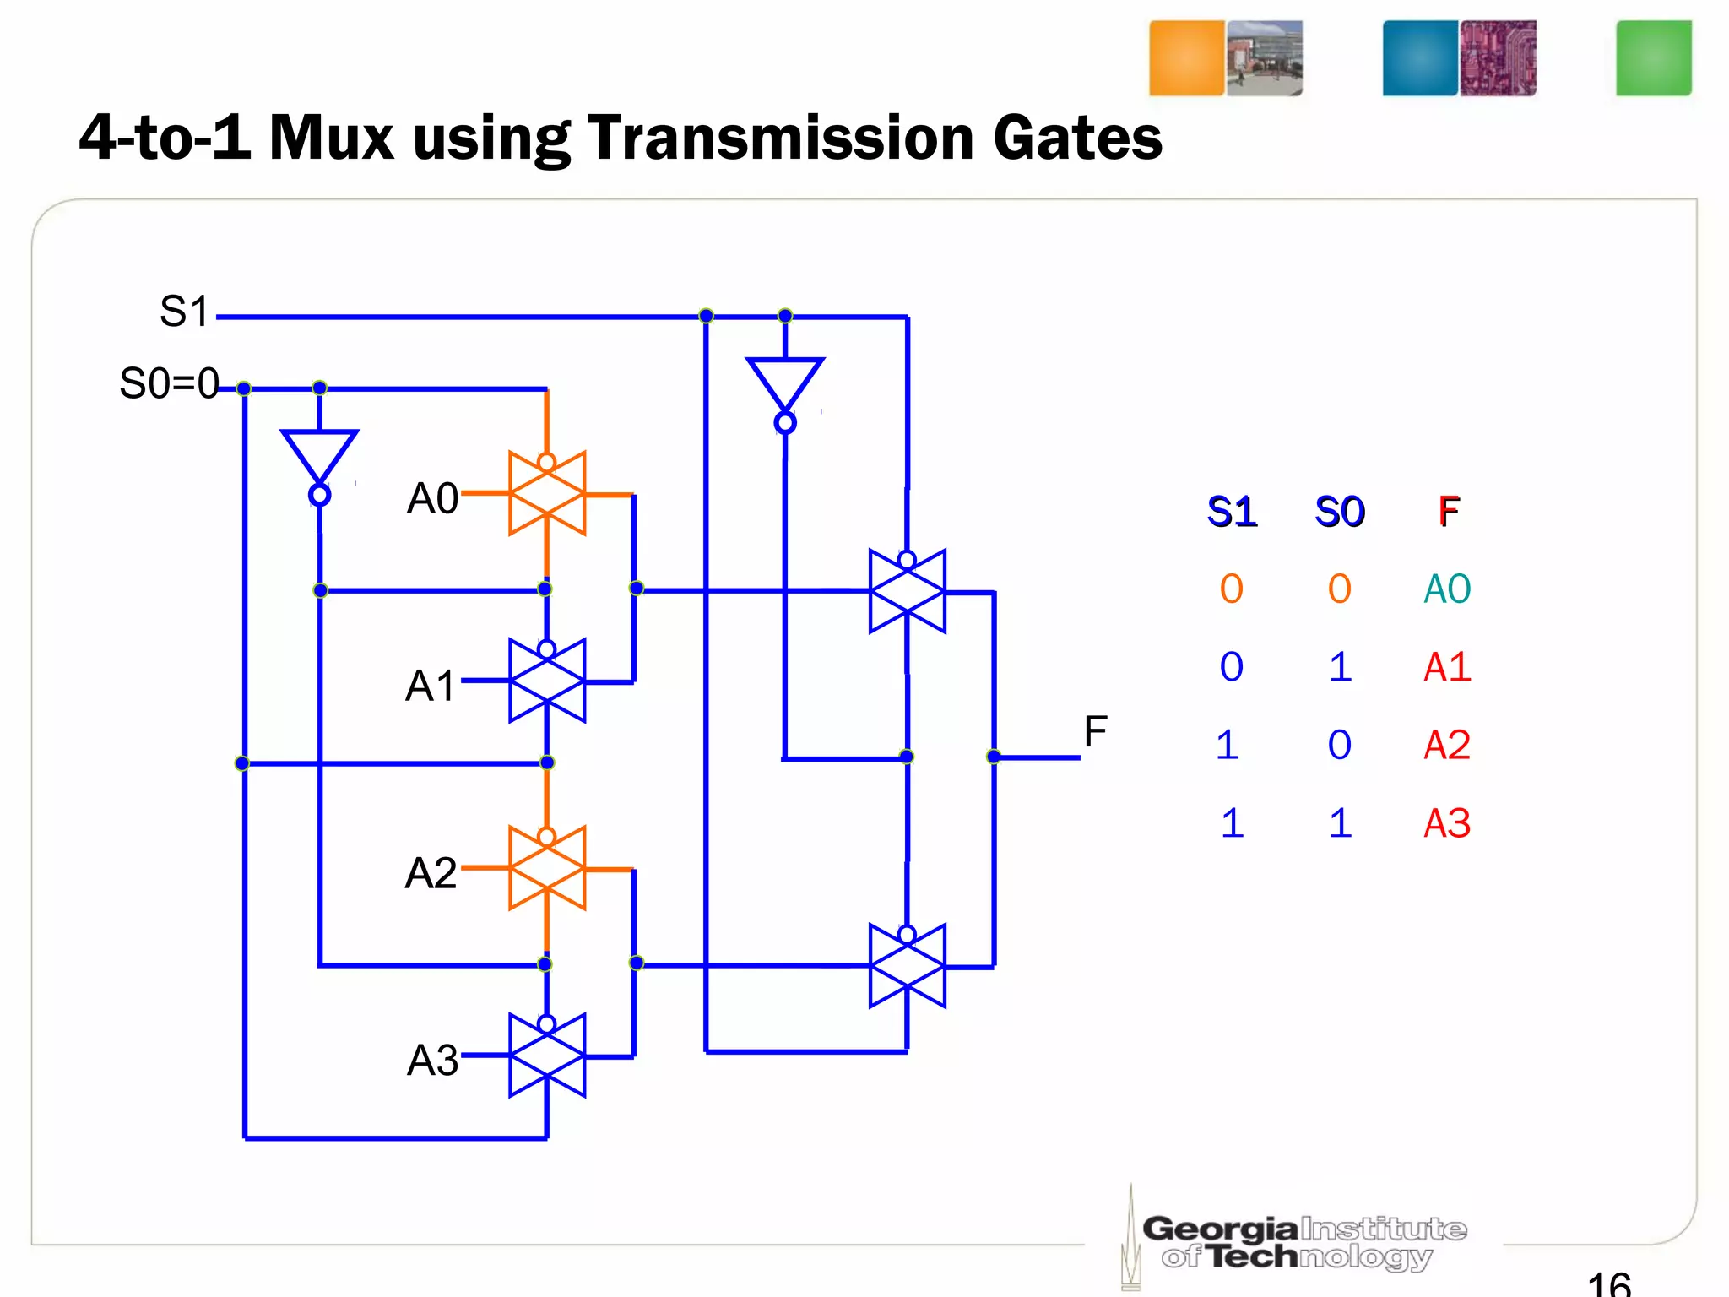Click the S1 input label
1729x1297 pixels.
pos(184,312)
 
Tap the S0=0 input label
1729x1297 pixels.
pos(169,383)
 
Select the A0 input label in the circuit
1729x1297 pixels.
pos(432,498)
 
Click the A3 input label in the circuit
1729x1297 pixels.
pos(432,1060)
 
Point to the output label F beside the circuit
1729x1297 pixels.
pos(1095,731)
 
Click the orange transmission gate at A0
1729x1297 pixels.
pos(547,494)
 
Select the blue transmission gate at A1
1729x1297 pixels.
pos(547,681)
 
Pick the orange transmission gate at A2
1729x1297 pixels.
pos(547,868)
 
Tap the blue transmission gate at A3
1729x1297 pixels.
pos(547,1056)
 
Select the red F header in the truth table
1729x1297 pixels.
pos(1449,512)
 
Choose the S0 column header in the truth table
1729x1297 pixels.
pos(1340,512)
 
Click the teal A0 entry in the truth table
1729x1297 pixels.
pos(1447,589)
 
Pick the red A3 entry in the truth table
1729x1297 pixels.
pos(1447,823)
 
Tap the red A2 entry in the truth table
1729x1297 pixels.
pos(1447,745)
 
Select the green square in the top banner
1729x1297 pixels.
pos(1653,58)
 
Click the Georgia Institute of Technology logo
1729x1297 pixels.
pos(1300,1241)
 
